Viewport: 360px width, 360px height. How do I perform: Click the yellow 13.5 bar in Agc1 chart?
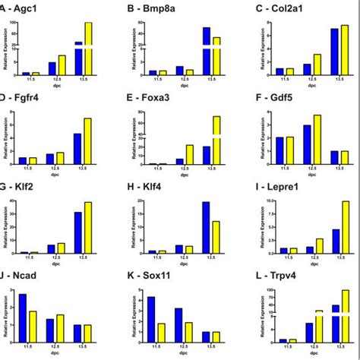click(x=88, y=49)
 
